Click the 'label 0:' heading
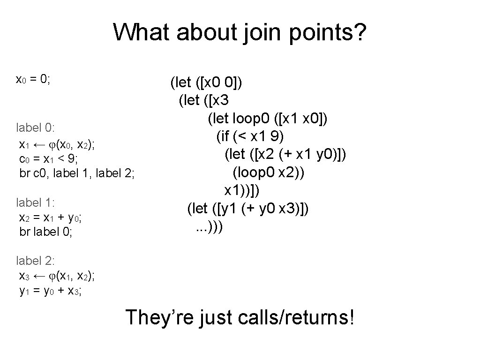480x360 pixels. point(36,127)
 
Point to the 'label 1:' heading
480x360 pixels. point(36,203)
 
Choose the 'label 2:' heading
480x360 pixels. point(36,261)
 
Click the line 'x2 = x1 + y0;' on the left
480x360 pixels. point(52,217)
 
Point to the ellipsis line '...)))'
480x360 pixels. point(209,226)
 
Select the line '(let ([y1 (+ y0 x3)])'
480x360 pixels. point(247,208)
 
